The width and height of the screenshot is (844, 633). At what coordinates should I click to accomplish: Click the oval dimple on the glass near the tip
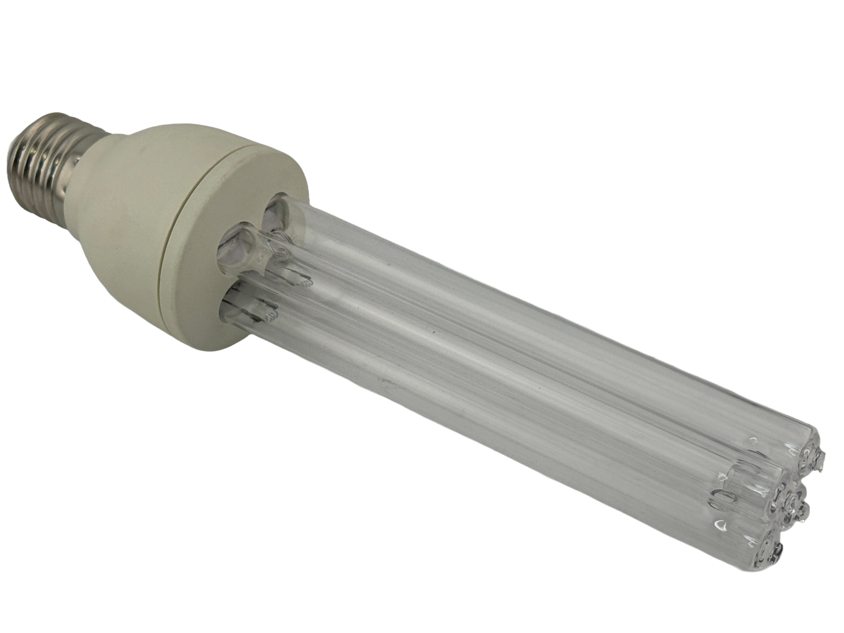coord(721,507)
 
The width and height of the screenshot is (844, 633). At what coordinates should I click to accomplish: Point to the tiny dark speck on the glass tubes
coord(432,333)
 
